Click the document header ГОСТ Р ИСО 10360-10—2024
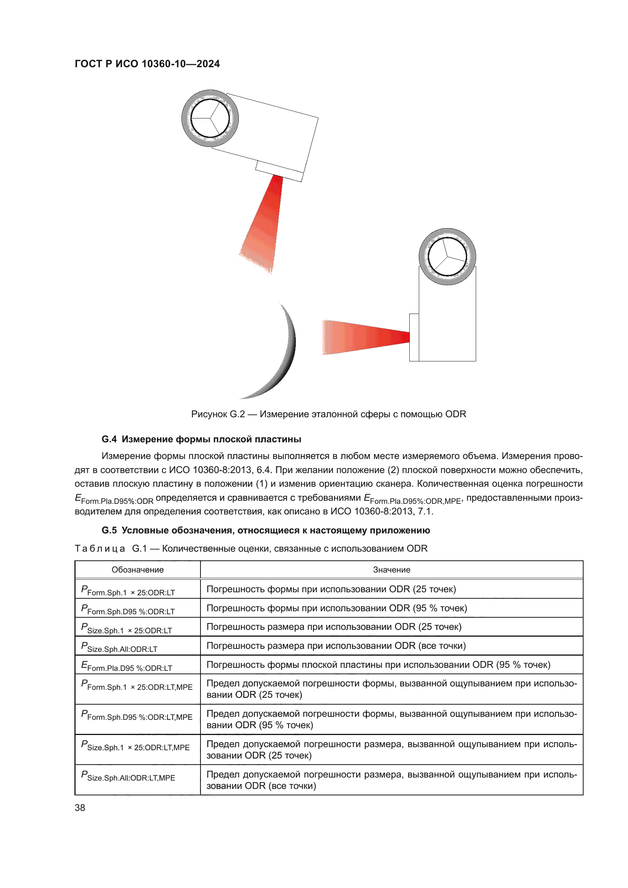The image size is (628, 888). tap(147, 64)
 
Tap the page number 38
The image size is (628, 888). tap(80, 808)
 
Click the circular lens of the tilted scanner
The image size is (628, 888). tap(210, 118)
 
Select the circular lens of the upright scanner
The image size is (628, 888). tap(447, 256)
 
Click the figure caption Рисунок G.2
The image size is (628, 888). tap(328, 414)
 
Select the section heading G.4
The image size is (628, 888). tap(201, 439)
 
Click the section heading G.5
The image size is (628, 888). tap(265, 530)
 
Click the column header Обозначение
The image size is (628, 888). tap(137, 570)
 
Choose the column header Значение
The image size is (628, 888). tap(391, 570)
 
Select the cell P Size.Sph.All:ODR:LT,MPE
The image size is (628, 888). tap(128, 777)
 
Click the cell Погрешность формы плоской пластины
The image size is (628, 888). tap(378, 664)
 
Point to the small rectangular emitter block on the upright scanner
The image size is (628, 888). tap(414, 337)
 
